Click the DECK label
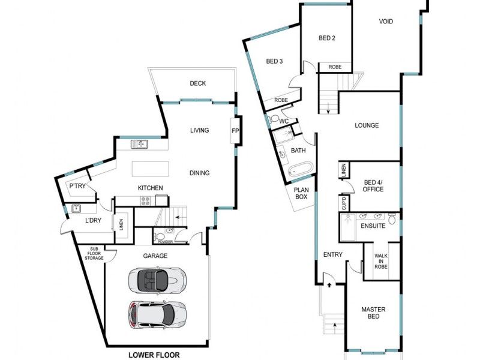197,83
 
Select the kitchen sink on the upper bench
139,143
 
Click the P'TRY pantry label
77,187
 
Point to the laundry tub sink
77,209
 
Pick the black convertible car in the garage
157,280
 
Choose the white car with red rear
157,313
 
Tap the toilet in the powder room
158,238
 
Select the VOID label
386,22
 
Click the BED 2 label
326,38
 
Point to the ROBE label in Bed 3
281,100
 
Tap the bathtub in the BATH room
299,170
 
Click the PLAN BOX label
301,193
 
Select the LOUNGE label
367,125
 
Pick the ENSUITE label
373,226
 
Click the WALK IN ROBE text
381,261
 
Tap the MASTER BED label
373,314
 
